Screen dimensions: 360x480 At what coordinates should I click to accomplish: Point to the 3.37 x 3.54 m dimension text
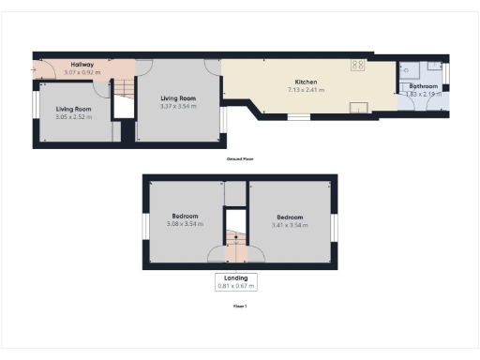click(x=179, y=105)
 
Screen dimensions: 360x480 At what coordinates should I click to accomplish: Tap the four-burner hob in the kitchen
click(x=357, y=65)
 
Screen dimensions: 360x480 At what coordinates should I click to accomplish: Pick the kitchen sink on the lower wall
click(x=359, y=108)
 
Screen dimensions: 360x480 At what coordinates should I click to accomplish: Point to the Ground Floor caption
click(x=240, y=159)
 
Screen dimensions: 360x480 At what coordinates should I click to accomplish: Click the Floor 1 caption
click(x=240, y=306)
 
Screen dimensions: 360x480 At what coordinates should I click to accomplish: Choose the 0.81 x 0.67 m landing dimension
click(x=236, y=285)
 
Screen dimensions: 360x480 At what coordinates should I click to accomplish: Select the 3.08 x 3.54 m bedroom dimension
click(x=185, y=224)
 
